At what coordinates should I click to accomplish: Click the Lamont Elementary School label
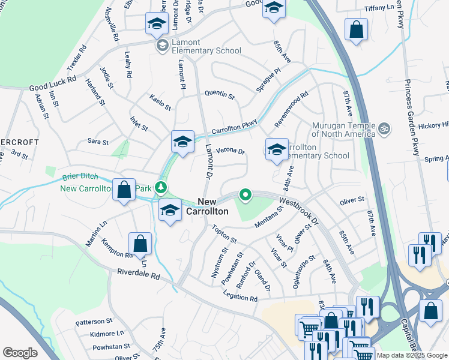206,46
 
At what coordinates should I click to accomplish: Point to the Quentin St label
219,95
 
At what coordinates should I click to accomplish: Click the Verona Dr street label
231,151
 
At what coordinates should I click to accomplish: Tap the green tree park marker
160,188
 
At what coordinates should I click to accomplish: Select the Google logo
20,353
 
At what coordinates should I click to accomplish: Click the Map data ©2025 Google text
411,355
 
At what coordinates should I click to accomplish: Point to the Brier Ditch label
79,178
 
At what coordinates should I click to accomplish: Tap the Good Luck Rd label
53,83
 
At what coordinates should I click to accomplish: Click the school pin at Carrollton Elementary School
276,150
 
